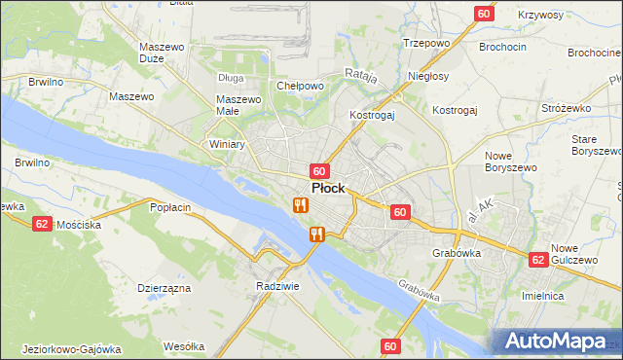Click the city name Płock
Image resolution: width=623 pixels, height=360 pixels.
pos(327,188)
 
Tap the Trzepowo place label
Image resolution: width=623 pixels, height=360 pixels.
pos(425,44)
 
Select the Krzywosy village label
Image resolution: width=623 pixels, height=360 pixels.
pos(541,16)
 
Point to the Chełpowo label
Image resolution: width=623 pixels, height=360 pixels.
pos(300,86)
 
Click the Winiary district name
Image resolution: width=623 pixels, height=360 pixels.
pos(227,144)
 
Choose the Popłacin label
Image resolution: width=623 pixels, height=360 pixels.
pos(168,207)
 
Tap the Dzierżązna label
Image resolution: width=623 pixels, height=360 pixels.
pos(164,288)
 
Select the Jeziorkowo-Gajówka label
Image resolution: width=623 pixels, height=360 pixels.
pos(69,348)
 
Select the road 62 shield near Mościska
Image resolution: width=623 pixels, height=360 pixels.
pos(42,223)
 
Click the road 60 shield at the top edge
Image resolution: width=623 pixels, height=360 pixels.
pos(484,13)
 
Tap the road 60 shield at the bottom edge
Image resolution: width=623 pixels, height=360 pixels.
pos(390,346)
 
